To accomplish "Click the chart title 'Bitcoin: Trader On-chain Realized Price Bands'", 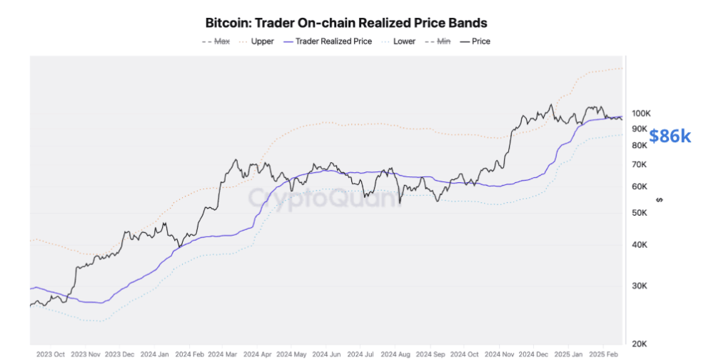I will click(346, 24).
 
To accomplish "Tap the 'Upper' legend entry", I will click(262, 41).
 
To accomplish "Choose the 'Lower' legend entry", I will click(404, 41).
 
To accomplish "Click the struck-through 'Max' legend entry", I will click(222, 41).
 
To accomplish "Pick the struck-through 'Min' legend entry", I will click(443, 41).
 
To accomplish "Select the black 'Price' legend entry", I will click(480, 41).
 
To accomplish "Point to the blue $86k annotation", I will click(670, 136).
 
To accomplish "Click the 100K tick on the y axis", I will click(640, 114).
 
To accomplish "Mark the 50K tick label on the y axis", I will click(640, 213).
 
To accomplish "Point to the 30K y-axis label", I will click(640, 286).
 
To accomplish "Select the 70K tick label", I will click(640, 164).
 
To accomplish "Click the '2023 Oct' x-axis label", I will click(51, 354).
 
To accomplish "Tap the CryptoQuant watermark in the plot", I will click(325, 197).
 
